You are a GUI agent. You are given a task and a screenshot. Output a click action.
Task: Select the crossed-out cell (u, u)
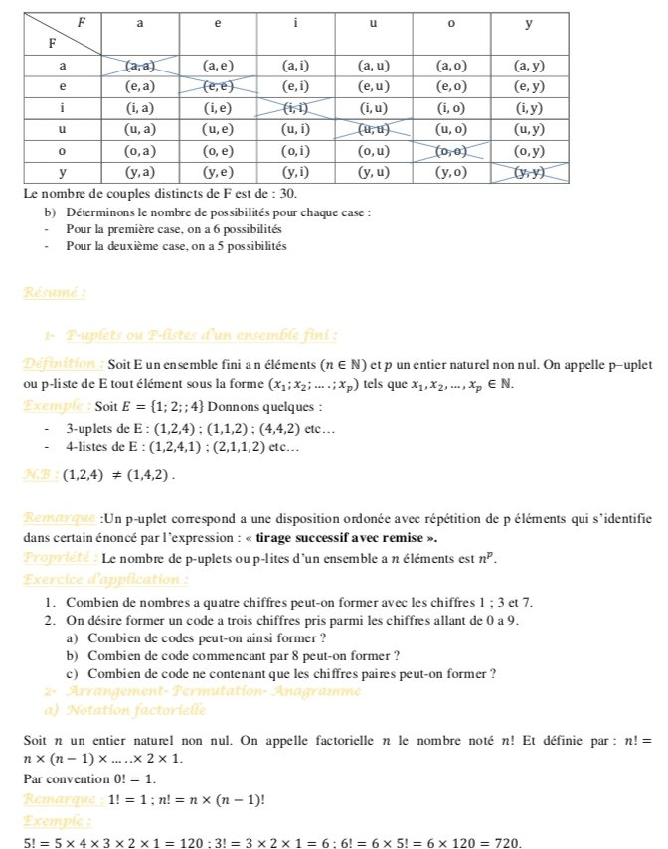tap(373, 129)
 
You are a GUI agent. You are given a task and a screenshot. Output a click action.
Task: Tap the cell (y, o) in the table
tap(451, 172)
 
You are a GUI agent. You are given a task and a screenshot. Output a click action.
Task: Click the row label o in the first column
tap(64, 151)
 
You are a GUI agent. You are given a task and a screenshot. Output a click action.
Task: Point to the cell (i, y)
tap(528, 108)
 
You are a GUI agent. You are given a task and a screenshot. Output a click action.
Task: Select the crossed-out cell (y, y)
tap(528, 172)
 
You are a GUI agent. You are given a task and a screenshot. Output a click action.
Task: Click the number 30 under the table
tap(285, 192)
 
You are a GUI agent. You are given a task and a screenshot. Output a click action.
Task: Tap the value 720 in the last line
tap(506, 843)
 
